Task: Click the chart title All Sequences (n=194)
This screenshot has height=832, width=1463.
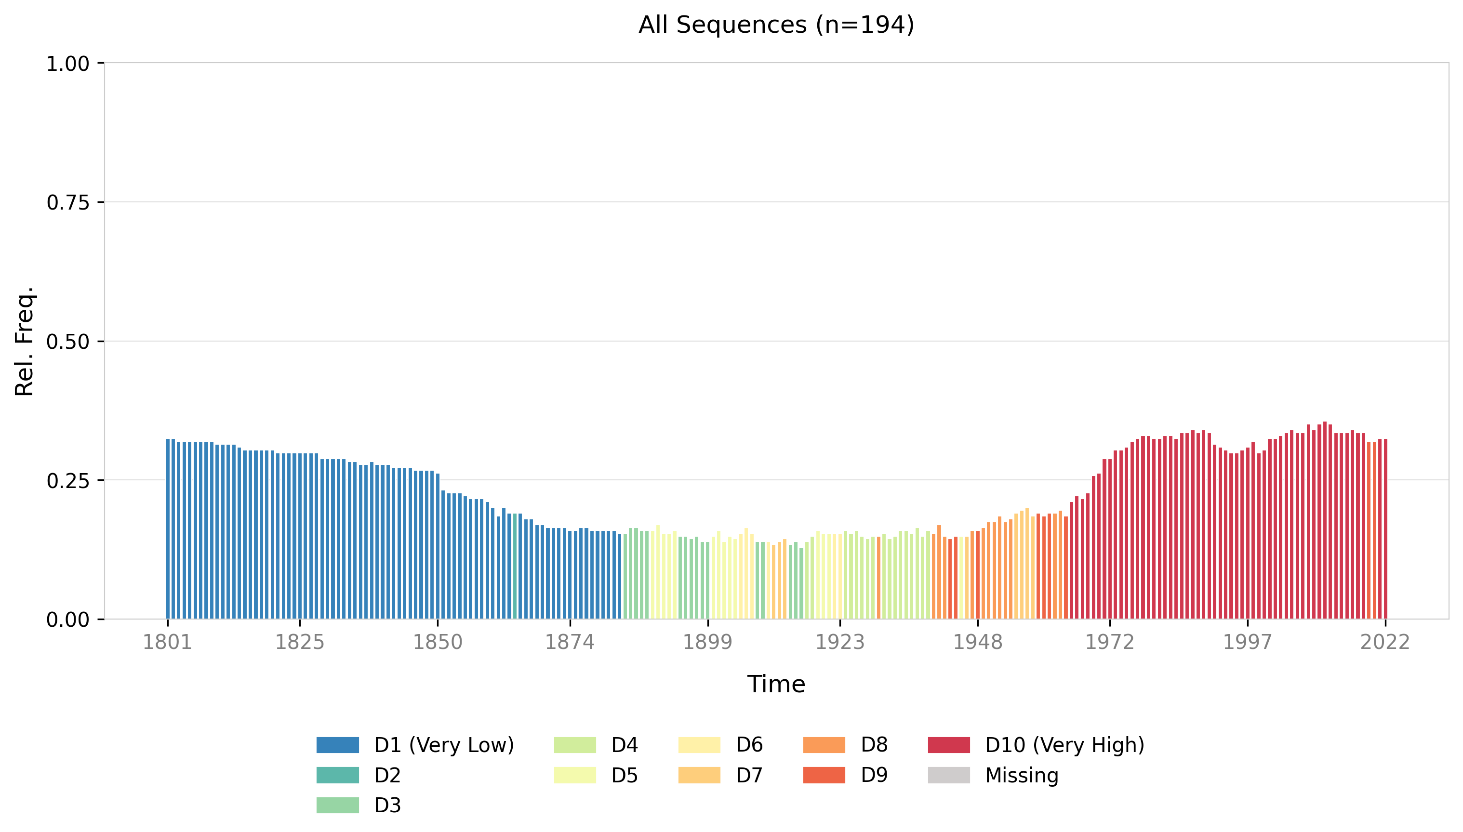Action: pyautogui.click(x=776, y=25)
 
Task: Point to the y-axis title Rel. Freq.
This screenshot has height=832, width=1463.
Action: pyautogui.click(x=25, y=341)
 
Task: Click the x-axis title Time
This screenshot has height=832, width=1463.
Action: pyautogui.click(x=776, y=684)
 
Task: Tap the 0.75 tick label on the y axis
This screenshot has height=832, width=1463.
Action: pyautogui.click(x=68, y=202)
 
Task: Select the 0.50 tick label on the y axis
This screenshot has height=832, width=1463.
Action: pyautogui.click(x=68, y=342)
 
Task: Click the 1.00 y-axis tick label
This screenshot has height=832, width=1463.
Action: pyautogui.click(x=68, y=64)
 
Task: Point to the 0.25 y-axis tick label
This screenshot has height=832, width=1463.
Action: pyautogui.click(x=68, y=481)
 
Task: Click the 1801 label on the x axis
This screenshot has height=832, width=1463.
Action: pyautogui.click(x=167, y=642)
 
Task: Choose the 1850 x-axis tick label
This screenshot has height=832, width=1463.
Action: pyautogui.click(x=438, y=642)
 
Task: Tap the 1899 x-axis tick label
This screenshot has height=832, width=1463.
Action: pyautogui.click(x=707, y=642)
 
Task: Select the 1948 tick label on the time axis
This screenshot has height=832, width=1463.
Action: pyautogui.click(x=977, y=642)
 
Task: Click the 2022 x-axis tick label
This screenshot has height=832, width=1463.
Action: pyautogui.click(x=1385, y=642)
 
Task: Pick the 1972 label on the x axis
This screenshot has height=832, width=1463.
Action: pyautogui.click(x=1109, y=642)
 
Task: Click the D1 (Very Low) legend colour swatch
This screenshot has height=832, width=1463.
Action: pyautogui.click(x=338, y=745)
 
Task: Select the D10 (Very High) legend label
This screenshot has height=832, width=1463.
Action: pyautogui.click(x=1064, y=745)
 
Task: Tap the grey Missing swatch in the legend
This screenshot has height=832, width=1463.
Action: pyautogui.click(x=949, y=776)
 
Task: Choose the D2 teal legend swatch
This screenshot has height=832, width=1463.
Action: pyautogui.click(x=338, y=776)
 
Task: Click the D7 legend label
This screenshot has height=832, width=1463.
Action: pyautogui.click(x=749, y=776)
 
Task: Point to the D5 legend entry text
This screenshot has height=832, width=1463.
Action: pyautogui.click(x=624, y=776)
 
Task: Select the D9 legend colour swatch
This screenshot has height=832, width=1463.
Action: pyautogui.click(x=824, y=776)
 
